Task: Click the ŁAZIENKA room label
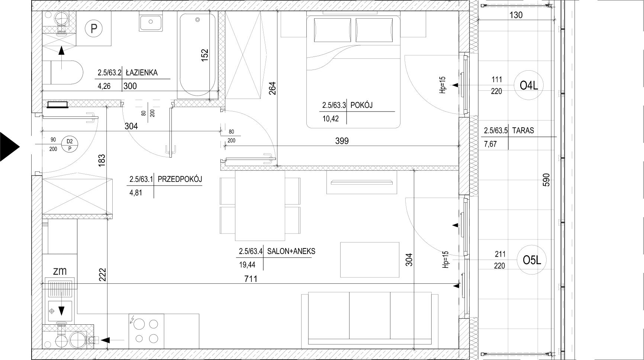tap(142, 73)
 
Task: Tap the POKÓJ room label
tap(361, 105)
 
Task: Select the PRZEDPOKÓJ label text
tap(180, 179)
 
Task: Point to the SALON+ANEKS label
tap(291, 251)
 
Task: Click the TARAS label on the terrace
tap(523, 131)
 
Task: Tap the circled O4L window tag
tap(529, 86)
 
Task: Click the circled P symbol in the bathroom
tap(94, 28)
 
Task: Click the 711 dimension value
tap(251, 279)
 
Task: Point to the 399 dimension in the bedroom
tap(342, 141)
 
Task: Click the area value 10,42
tap(331, 119)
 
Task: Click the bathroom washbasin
tap(151, 22)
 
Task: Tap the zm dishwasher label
tap(60, 271)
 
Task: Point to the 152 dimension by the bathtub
tap(204, 55)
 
